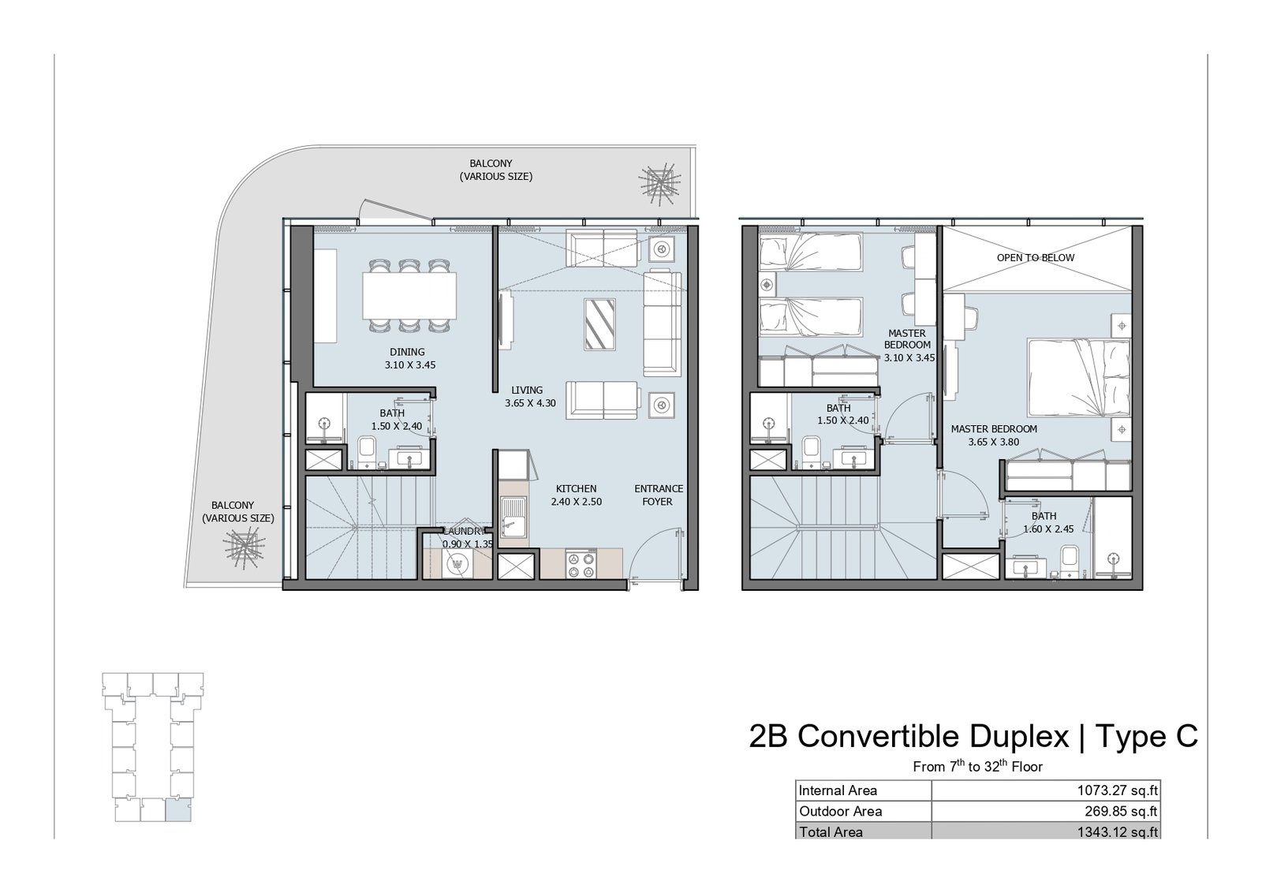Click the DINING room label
click(x=407, y=352)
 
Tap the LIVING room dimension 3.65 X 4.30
click(x=530, y=403)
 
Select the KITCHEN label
click(x=576, y=489)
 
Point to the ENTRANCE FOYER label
click(x=658, y=495)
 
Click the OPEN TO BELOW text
click(x=1036, y=258)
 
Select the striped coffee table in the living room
click(x=599, y=324)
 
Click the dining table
click(x=409, y=296)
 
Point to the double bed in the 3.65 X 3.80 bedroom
click(x=1079, y=378)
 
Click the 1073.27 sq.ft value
click(x=1117, y=790)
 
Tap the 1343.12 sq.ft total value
click(x=1117, y=831)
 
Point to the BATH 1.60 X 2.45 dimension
click(x=1048, y=529)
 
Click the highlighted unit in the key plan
click(x=178, y=810)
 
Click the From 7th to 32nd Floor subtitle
click(x=977, y=766)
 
